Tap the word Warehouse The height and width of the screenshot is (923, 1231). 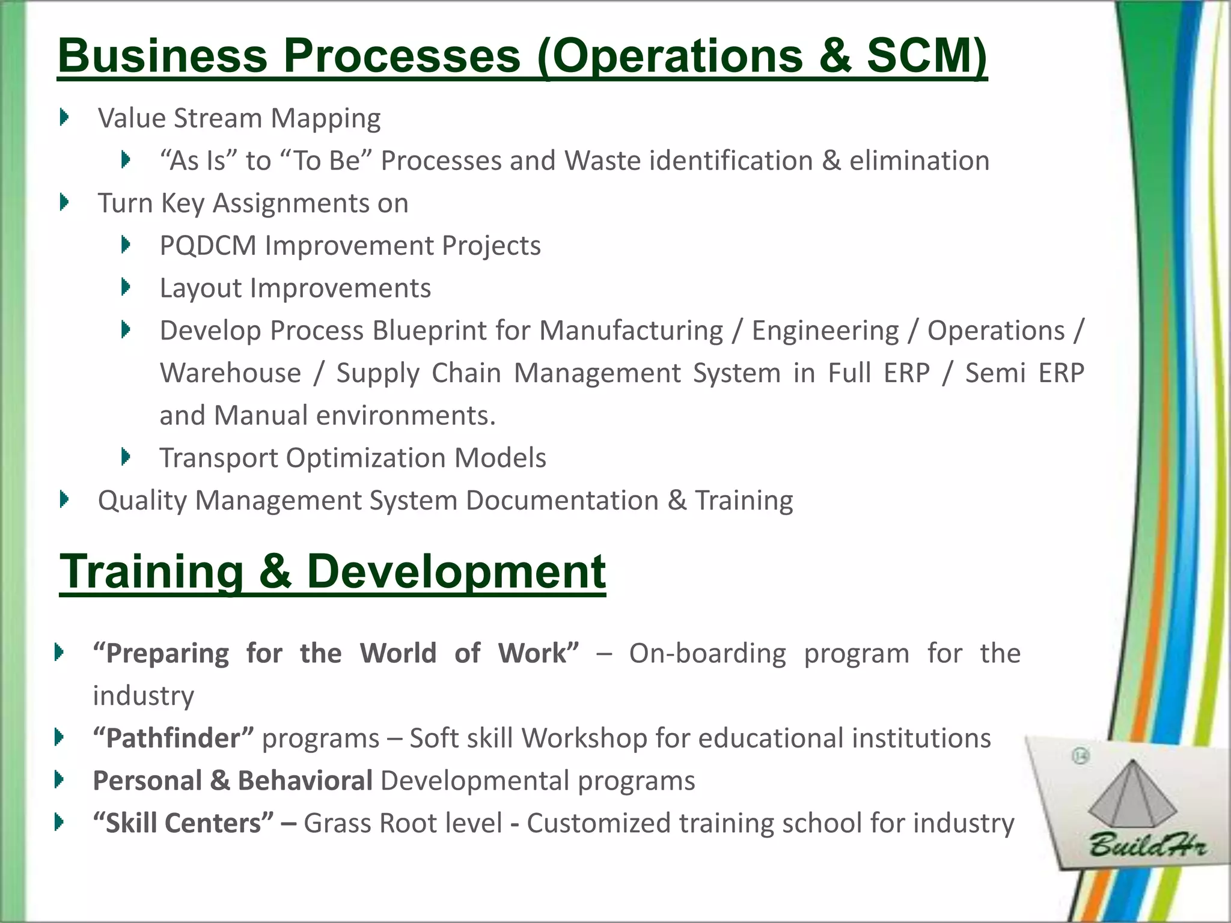pyautogui.click(x=230, y=373)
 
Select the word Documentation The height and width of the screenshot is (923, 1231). pyautogui.click(x=562, y=501)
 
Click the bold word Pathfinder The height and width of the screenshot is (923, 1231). pyautogui.click(x=173, y=738)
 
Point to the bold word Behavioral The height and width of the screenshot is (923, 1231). pyautogui.click(x=305, y=781)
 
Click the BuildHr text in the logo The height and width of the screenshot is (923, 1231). pyautogui.click(x=1147, y=847)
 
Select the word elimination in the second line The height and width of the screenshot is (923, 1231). pyautogui.click(x=919, y=161)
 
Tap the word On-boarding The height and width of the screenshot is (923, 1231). pyautogui.click(x=707, y=653)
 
